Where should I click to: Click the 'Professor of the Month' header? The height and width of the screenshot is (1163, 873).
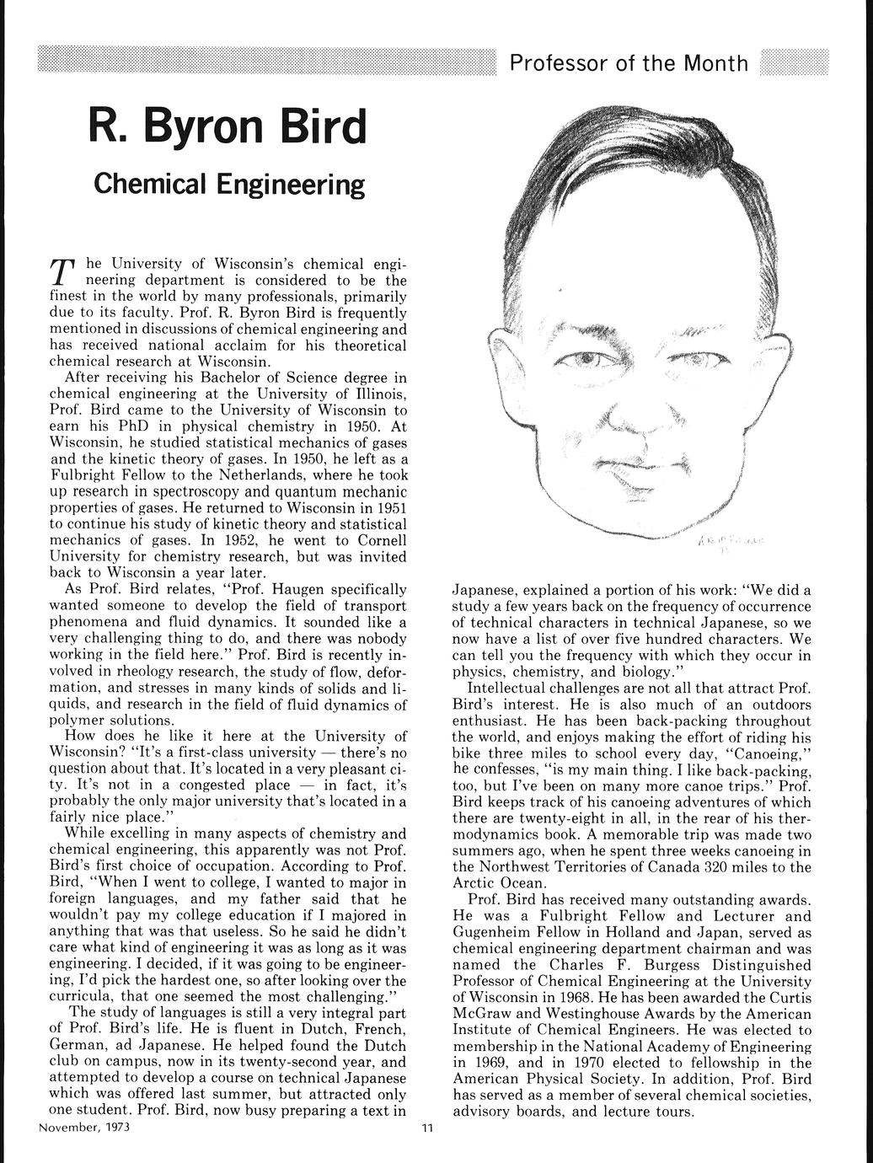(x=629, y=64)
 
